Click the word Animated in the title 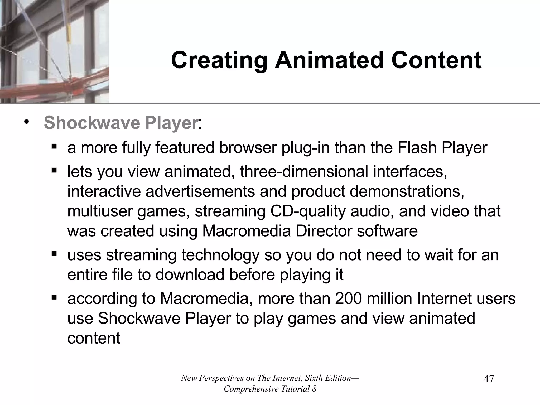(x=330, y=60)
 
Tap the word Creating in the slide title (x=219, y=60)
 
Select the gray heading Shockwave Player (x=121, y=123)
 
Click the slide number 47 (x=489, y=379)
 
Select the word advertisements (x=200, y=191)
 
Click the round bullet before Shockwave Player (x=26, y=122)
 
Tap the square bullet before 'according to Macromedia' (x=54, y=297)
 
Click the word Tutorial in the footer (x=295, y=389)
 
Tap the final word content (x=94, y=338)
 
